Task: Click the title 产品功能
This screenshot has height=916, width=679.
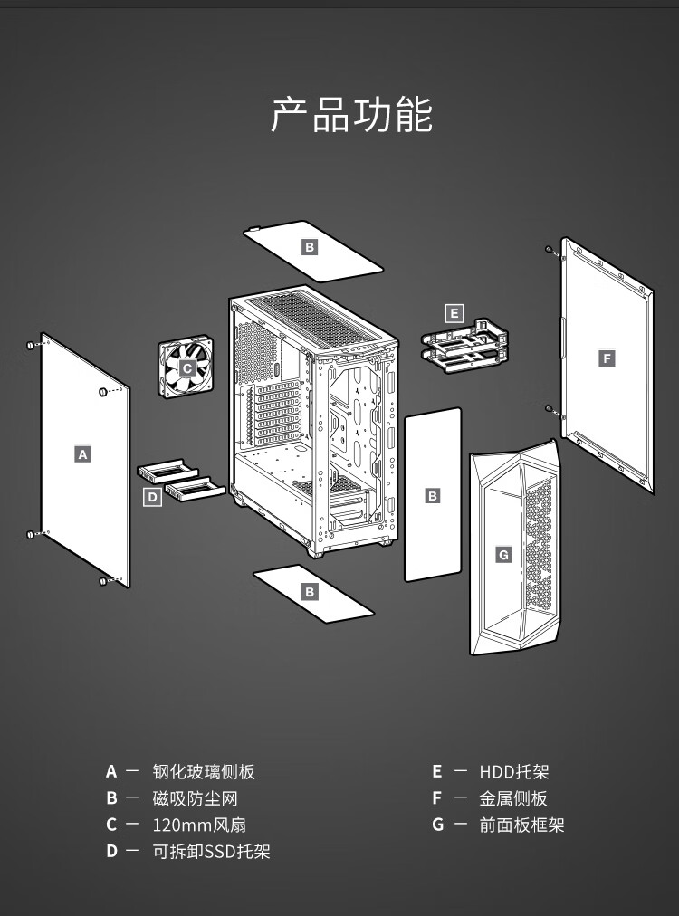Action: tap(351, 114)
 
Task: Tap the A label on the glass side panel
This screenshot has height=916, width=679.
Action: tap(83, 453)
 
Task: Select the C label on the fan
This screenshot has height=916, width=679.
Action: tap(187, 368)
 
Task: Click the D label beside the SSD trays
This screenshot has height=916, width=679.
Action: tap(152, 497)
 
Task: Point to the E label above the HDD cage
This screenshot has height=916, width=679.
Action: tap(454, 313)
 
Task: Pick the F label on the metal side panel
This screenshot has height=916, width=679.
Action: tap(607, 358)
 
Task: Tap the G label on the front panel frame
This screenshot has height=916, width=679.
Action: tap(503, 554)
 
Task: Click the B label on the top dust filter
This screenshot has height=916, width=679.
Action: tap(310, 247)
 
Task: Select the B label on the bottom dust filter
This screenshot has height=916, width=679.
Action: tap(310, 592)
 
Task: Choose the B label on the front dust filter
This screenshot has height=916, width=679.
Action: tap(433, 496)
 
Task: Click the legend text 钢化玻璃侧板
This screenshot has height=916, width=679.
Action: tap(204, 772)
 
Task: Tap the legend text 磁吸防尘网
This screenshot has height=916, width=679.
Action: tap(196, 798)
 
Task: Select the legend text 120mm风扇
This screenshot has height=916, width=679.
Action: tap(199, 825)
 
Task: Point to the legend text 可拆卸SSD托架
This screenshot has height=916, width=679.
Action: tap(212, 852)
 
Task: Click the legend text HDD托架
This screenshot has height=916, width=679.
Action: tap(514, 772)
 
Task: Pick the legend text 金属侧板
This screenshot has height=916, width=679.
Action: tap(513, 798)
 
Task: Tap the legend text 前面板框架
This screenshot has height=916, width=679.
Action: tap(521, 825)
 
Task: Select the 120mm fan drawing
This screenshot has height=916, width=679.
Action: tap(186, 367)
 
